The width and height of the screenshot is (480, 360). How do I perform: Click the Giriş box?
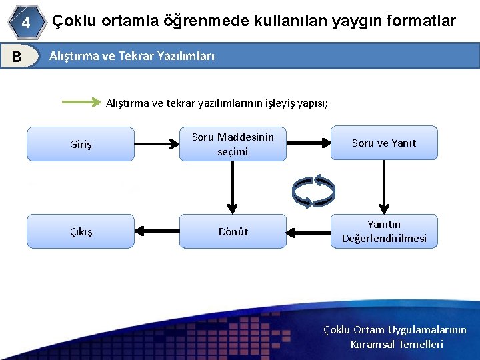pyautogui.click(x=81, y=144)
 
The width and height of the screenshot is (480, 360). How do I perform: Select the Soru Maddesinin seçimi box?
pyautogui.click(x=233, y=144)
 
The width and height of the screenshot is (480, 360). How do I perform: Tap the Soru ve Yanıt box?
pyautogui.click(x=384, y=143)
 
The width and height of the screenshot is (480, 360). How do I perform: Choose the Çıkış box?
pyautogui.click(x=81, y=231)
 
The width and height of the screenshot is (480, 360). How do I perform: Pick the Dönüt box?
pyautogui.click(x=233, y=231)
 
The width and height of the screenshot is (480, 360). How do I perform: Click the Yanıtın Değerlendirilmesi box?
pyautogui.click(x=384, y=231)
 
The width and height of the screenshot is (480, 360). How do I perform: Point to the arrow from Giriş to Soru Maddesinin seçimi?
pyautogui.click(x=157, y=143)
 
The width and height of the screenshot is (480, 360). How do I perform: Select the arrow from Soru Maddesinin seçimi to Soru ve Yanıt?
pyautogui.click(x=309, y=143)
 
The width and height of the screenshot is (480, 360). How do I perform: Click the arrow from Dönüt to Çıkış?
pyautogui.click(x=157, y=231)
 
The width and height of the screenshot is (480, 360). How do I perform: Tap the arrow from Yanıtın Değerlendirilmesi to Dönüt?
pyautogui.click(x=309, y=231)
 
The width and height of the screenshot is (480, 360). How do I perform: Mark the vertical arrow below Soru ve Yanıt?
pyautogui.click(x=384, y=186)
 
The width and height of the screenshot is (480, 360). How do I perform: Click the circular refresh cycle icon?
pyautogui.click(x=315, y=189)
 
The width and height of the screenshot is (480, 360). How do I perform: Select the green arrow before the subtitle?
pyautogui.click(x=81, y=103)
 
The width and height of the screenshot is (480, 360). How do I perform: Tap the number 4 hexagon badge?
pyautogui.click(x=25, y=23)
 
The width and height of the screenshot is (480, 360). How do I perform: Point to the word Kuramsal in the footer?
pyautogui.click(x=371, y=345)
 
